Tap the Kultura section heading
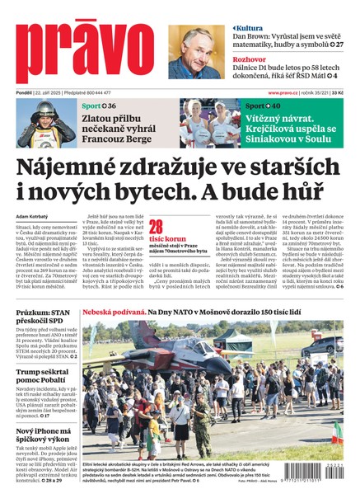coord(250,28)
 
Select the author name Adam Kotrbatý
coord(34,217)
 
